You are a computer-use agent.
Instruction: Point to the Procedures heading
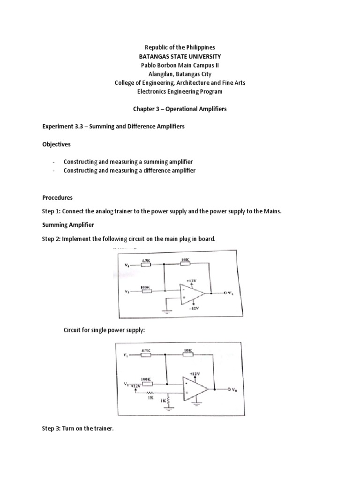click(x=57, y=197)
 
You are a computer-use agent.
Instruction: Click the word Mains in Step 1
click(x=271, y=211)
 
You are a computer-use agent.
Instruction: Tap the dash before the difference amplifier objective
click(x=54, y=171)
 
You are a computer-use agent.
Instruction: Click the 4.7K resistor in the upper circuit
click(x=146, y=264)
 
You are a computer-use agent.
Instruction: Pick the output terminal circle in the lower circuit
click(x=229, y=389)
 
